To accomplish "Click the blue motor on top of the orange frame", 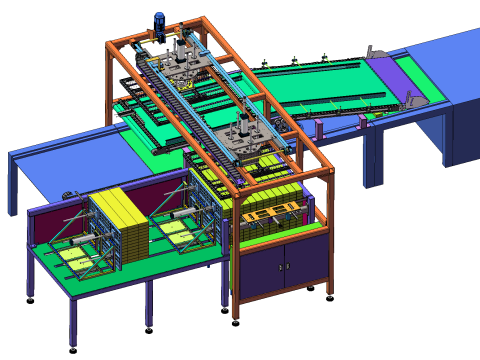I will [159, 22].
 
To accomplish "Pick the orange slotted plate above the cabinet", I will [270, 213].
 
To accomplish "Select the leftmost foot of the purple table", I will [30, 297].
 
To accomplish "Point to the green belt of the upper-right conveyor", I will [330, 80].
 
